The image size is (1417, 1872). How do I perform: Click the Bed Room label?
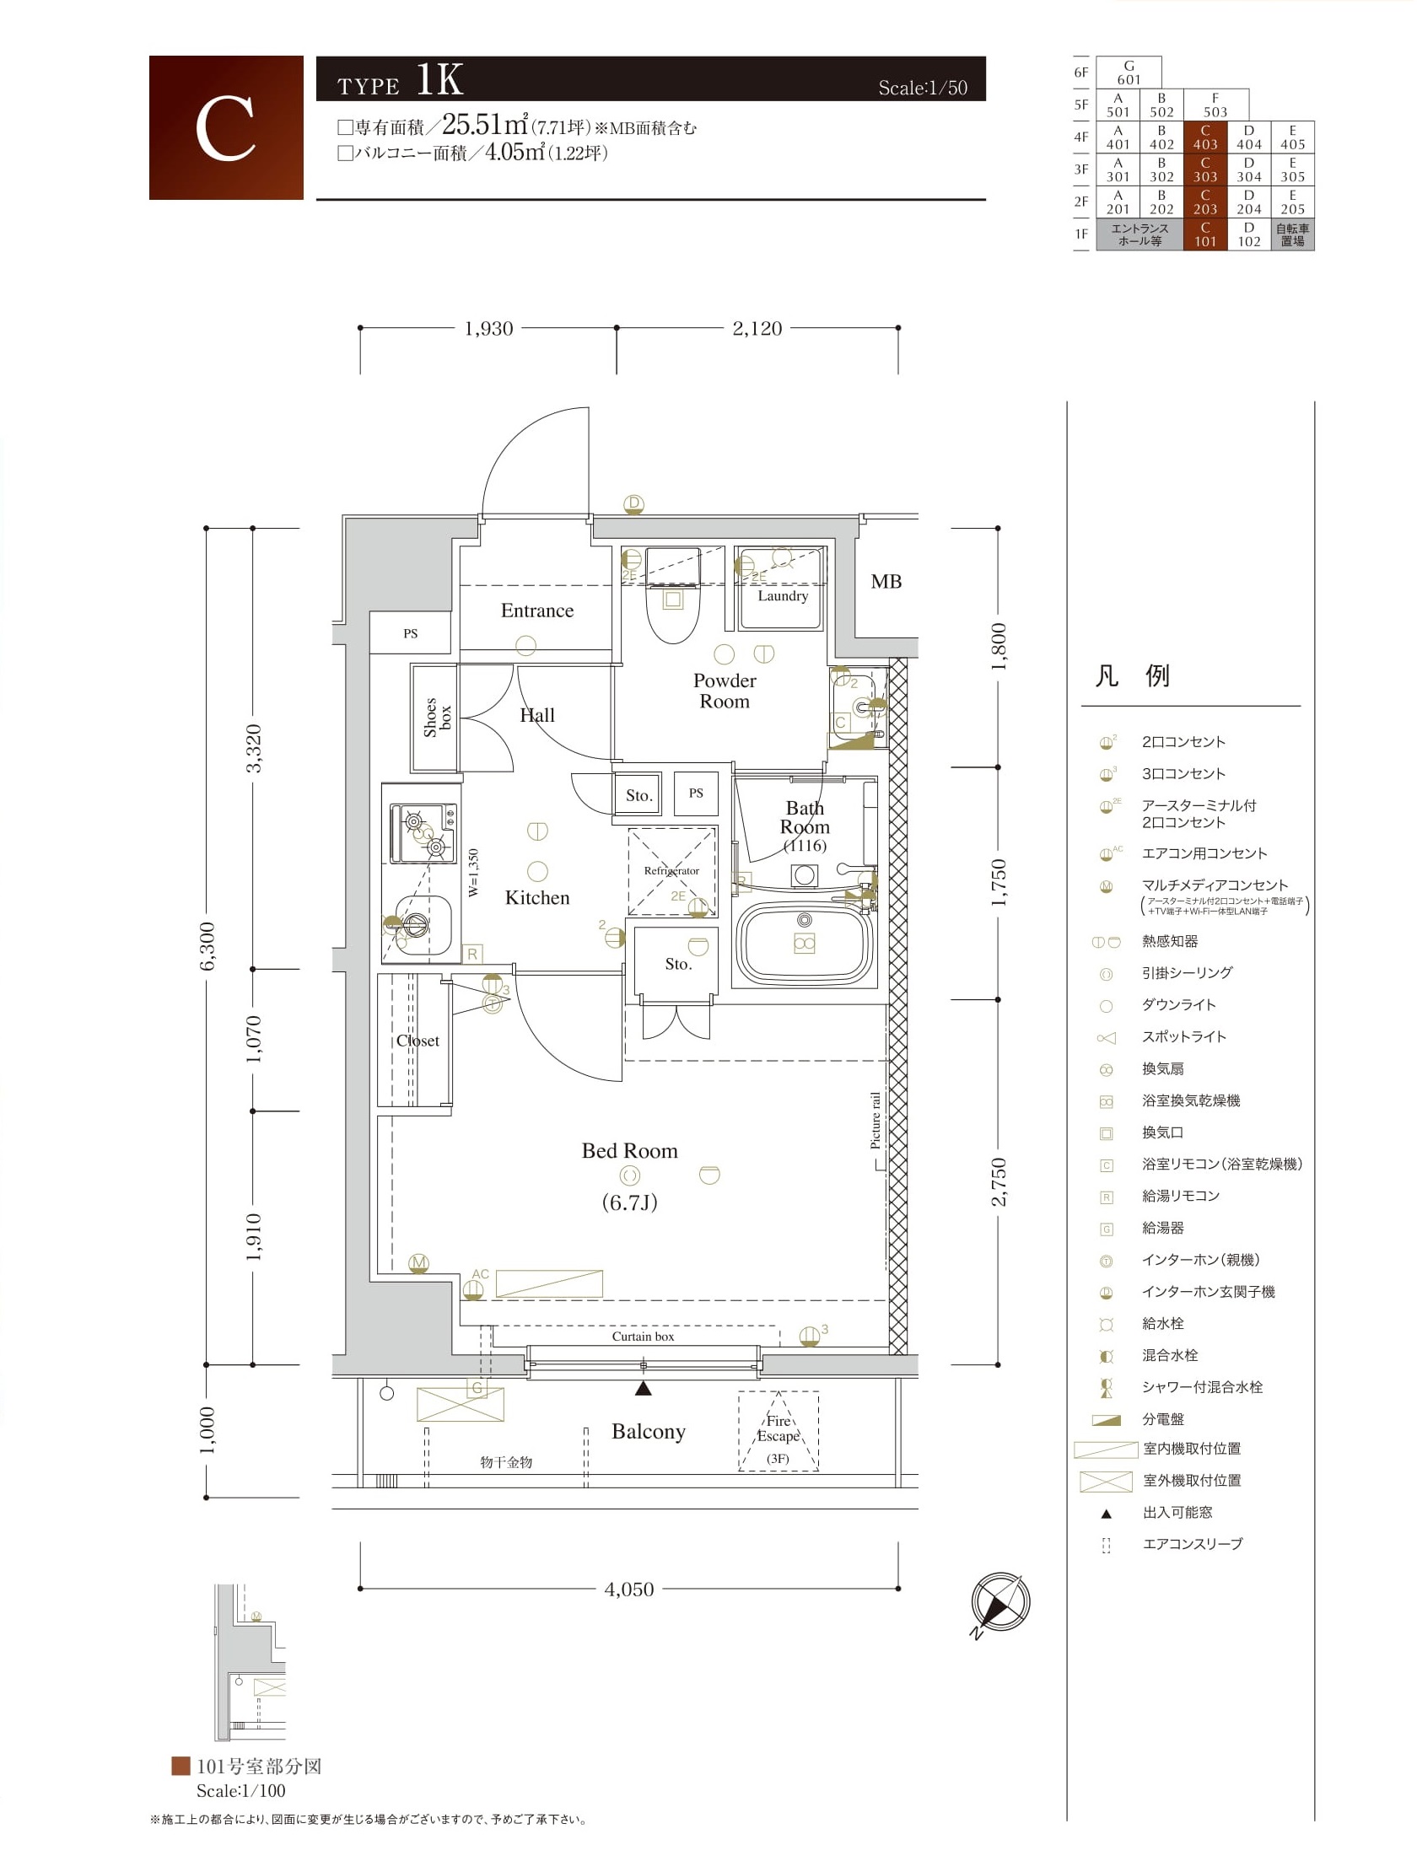tap(629, 1151)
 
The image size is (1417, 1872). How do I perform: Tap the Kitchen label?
tap(536, 897)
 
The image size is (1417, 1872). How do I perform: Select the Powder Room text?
tap(725, 691)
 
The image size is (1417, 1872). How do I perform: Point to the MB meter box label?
tap(886, 581)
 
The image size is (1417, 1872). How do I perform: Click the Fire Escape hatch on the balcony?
tap(778, 1431)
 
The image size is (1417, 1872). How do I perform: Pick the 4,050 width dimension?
tap(629, 1589)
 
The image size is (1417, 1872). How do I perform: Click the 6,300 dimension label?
tap(207, 946)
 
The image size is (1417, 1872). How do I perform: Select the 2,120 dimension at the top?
tap(757, 328)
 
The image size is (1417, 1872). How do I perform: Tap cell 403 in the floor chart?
tap(1205, 137)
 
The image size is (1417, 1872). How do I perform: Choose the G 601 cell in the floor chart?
tap(1129, 73)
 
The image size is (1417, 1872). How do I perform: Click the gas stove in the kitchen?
tap(423, 834)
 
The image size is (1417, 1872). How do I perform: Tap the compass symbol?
tap(1000, 1602)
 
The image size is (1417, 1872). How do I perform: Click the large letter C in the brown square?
tap(225, 129)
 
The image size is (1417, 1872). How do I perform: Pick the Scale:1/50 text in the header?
tap(923, 87)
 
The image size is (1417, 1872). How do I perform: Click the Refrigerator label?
tap(671, 870)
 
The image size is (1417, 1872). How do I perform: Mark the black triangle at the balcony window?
tap(644, 1388)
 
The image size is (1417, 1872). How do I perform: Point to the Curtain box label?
tap(644, 1337)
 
